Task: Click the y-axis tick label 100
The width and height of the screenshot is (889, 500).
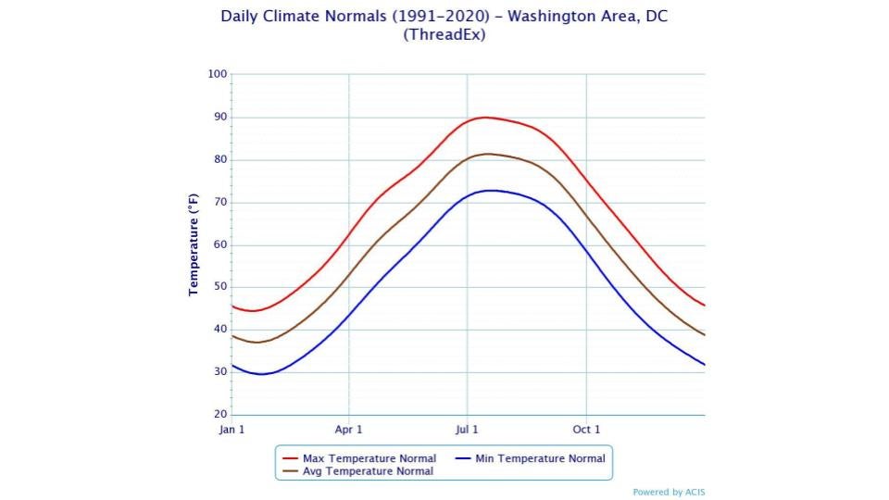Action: pyautogui.click(x=218, y=74)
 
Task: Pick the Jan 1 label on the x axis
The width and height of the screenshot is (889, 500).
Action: pyautogui.click(x=231, y=430)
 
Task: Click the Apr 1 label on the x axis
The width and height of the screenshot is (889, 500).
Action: pyautogui.click(x=349, y=430)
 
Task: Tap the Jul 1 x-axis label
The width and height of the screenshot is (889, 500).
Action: pyautogui.click(x=467, y=430)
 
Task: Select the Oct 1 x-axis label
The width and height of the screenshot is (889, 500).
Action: pyautogui.click(x=586, y=430)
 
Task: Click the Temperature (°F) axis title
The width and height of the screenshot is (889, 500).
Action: pyautogui.click(x=194, y=244)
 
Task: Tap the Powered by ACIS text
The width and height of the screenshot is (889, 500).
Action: pyautogui.click(x=669, y=493)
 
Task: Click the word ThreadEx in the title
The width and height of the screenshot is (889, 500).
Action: pyautogui.click(x=444, y=35)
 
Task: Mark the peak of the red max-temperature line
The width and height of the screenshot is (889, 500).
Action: pyautogui.click(x=485, y=118)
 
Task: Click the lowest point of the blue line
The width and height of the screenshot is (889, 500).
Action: pyautogui.click(x=262, y=374)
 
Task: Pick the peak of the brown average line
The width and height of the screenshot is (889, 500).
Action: pyautogui.click(x=488, y=154)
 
